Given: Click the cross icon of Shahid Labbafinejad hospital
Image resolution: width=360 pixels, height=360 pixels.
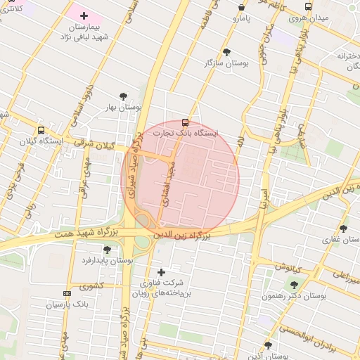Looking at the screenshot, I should click(x=84, y=15).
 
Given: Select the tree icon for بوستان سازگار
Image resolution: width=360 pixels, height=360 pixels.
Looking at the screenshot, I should click(x=226, y=52).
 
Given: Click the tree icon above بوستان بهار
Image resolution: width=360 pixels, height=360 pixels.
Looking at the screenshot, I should click(x=124, y=96).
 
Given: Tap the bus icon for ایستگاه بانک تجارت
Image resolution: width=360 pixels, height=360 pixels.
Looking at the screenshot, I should click(x=185, y=122).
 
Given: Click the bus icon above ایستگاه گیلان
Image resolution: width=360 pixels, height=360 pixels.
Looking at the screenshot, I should click(x=41, y=130).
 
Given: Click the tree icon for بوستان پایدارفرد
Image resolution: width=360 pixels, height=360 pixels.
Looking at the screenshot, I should click(x=107, y=250).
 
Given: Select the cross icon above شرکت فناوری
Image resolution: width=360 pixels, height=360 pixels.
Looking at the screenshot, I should click(x=162, y=272).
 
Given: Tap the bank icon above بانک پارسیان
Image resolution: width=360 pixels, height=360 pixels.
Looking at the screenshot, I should click(x=67, y=293).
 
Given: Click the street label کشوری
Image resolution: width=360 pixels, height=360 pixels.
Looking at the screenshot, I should click(x=91, y=286).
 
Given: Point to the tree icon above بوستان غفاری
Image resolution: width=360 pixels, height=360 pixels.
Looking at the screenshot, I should click(x=343, y=229).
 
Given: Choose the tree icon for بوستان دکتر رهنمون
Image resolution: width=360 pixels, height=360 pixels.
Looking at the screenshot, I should click(x=294, y=285).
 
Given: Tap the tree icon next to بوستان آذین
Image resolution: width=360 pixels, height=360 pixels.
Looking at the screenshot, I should click(x=268, y=345).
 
